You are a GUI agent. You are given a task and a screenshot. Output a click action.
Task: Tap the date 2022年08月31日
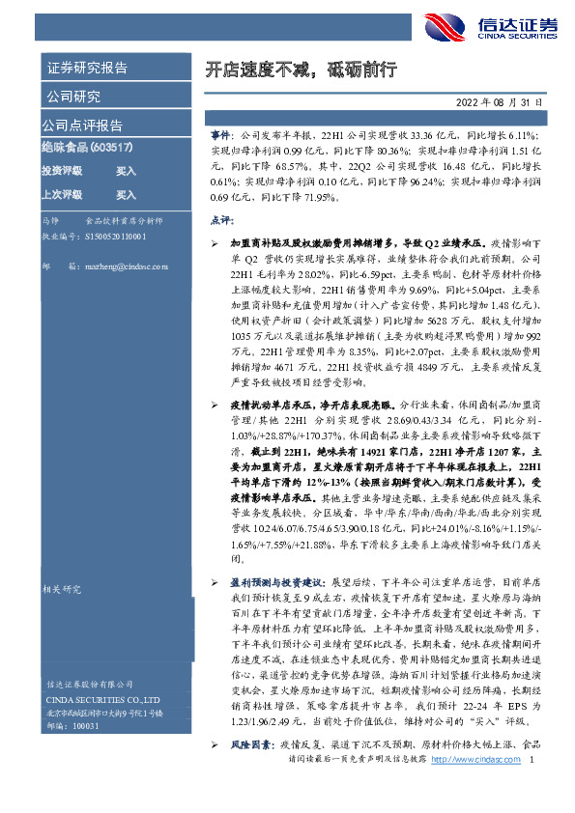point(499,101)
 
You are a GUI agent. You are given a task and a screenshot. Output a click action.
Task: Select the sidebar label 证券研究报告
point(86,68)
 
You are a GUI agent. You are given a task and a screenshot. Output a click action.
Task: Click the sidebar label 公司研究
point(72,96)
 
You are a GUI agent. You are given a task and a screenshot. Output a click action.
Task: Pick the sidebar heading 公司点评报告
point(82,126)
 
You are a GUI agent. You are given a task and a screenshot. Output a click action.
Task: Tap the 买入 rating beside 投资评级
point(126,171)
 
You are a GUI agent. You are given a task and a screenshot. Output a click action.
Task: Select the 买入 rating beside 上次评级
point(126,194)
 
